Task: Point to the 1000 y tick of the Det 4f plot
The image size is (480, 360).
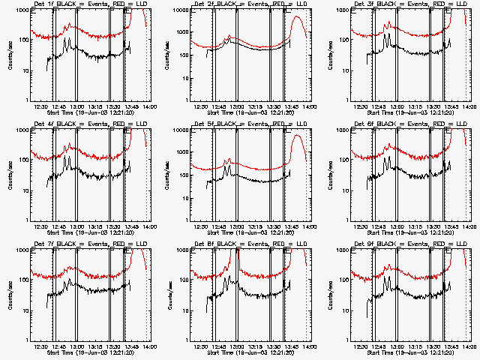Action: pos(21,130)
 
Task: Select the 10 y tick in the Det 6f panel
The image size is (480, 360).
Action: pos(343,190)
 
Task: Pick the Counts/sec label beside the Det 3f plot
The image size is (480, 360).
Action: pos(330,55)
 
